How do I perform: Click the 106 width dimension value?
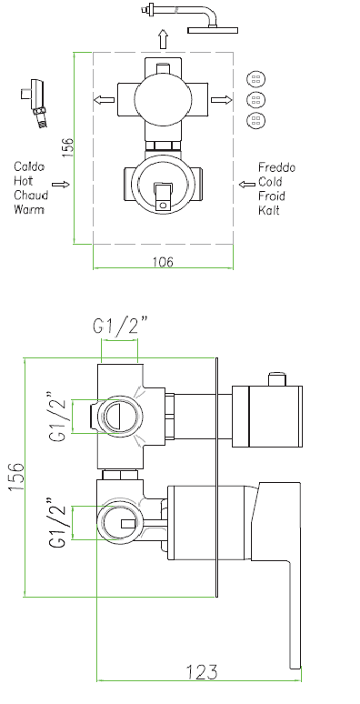[163, 262]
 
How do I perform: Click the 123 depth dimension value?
[202, 671]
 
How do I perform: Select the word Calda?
[29, 167]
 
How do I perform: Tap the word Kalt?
[269, 210]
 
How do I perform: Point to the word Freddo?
[276, 167]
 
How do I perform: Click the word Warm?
[29, 209]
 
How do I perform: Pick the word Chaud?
[31, 196]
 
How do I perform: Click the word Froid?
[272, 196]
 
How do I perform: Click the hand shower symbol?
[35, 103]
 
